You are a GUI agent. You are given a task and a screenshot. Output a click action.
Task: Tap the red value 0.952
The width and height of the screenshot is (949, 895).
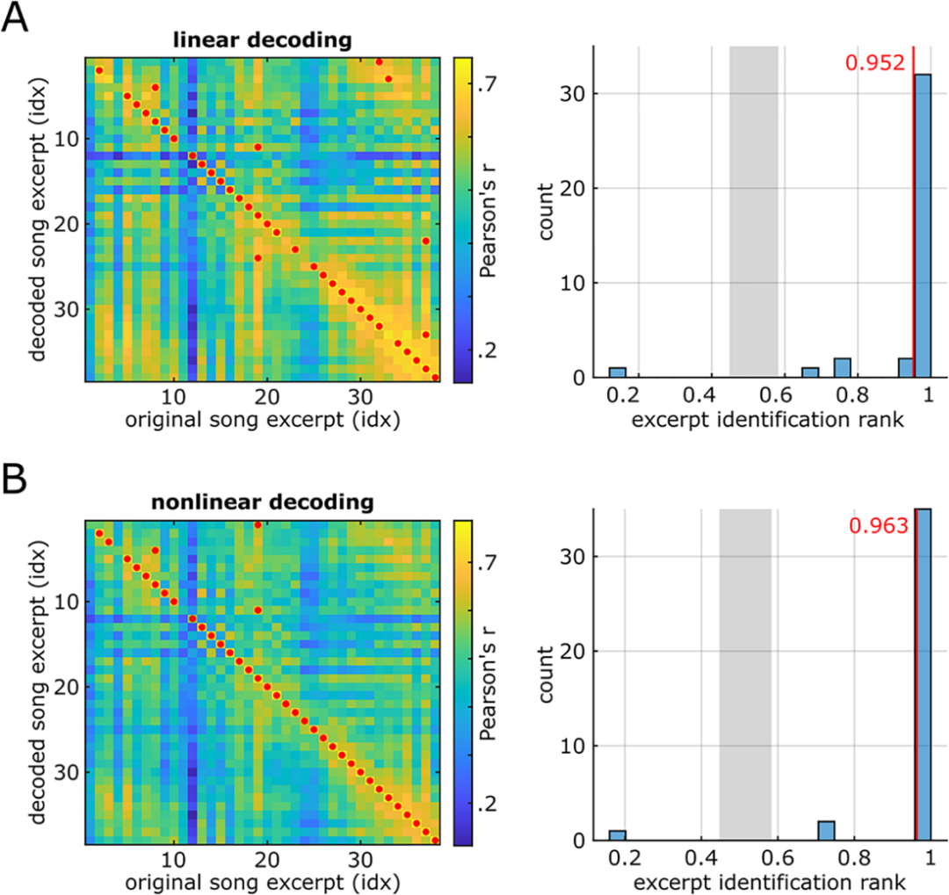[874, 62]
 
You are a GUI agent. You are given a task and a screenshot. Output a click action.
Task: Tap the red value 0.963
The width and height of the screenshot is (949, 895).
[878, 526]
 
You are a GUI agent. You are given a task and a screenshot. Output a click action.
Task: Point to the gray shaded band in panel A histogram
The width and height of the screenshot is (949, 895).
[754, 211]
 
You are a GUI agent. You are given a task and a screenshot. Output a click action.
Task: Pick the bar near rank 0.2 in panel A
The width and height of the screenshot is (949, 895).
[618, 373]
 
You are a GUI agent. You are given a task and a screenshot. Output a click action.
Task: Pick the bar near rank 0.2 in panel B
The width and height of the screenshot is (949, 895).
[618, 835]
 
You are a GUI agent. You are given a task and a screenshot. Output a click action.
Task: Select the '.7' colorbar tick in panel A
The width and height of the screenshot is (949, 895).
[487, 84]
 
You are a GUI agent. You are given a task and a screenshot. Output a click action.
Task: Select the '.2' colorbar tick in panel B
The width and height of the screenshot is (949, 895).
[487, 803]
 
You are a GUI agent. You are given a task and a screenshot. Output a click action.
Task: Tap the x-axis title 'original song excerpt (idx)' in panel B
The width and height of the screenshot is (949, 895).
[261, 881]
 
